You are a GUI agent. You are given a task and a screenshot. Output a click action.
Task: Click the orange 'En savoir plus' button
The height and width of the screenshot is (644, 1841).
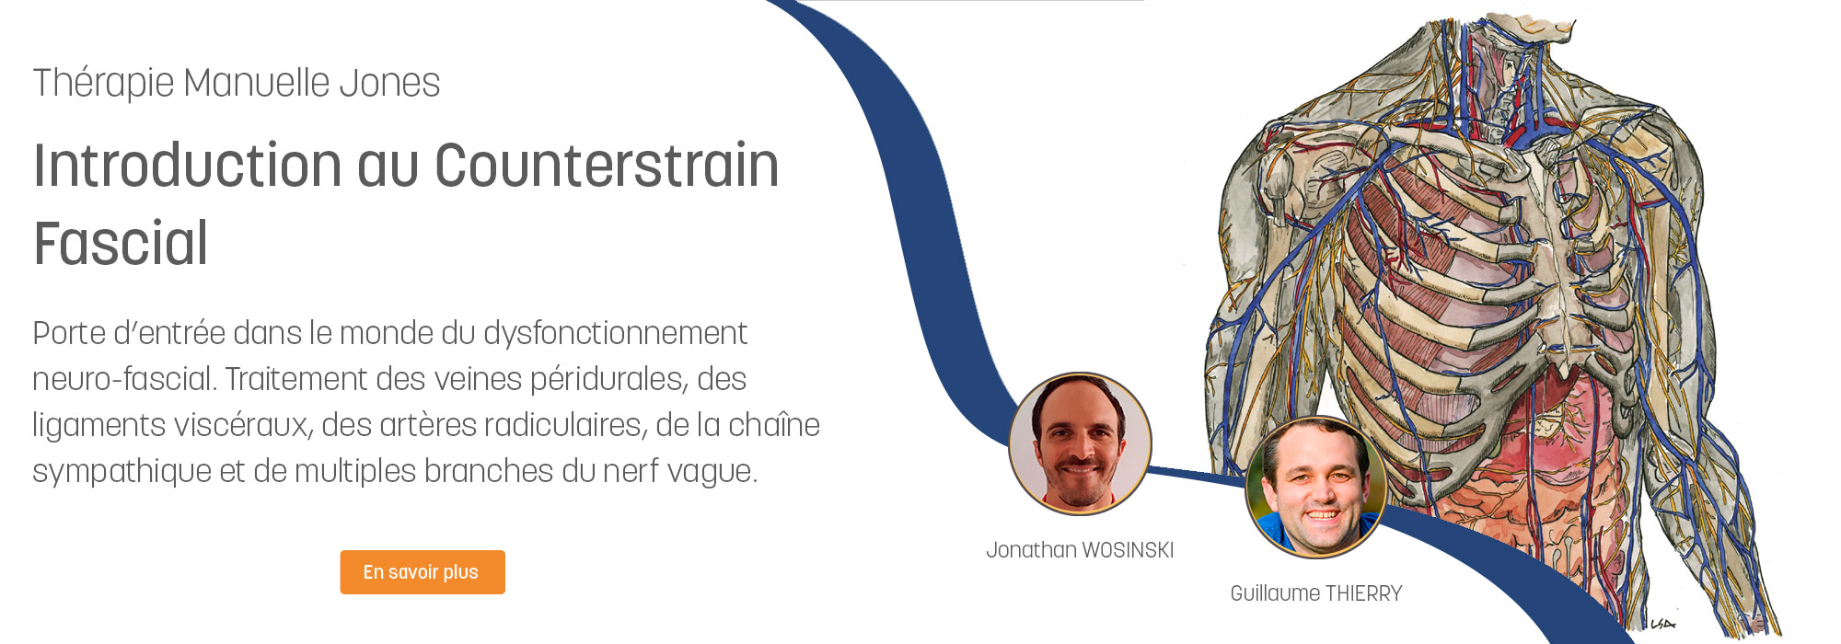click(x=423, y=572)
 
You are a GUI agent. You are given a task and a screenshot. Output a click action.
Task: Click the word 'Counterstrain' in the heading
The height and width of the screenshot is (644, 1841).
click(x=607, y=166)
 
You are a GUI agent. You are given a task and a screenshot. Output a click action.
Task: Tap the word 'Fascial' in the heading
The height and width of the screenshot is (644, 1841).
click(x=121, y=244)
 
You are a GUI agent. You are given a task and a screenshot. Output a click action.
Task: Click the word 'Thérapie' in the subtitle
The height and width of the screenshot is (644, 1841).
click(x=103, y=84)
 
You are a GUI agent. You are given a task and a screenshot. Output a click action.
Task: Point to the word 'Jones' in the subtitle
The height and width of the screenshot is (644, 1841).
click(x=389, y=84)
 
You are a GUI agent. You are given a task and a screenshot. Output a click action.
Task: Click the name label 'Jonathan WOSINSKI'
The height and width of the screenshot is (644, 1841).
click(x=1080, y=550)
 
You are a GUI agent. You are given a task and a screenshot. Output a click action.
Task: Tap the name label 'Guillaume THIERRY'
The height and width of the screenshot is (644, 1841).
click(x=1316, y=593)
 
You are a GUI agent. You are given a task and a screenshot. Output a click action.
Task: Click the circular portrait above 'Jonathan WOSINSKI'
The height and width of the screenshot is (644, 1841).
click(x=1080, y=443)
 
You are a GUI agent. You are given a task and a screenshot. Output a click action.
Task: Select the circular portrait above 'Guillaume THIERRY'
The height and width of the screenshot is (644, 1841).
click(x=1316, y=488)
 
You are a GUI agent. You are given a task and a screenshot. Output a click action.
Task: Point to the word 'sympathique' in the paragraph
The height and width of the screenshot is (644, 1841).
click(x=122, y=472)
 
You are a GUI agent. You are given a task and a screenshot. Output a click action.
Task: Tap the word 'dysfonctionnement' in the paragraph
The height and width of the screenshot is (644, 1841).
click(x=615, y=333)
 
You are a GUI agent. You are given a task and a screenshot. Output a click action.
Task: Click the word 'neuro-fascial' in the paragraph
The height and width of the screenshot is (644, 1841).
click(x=123, y=380)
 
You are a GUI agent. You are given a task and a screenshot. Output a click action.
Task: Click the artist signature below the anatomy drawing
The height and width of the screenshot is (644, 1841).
click(x=1662, y=625)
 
